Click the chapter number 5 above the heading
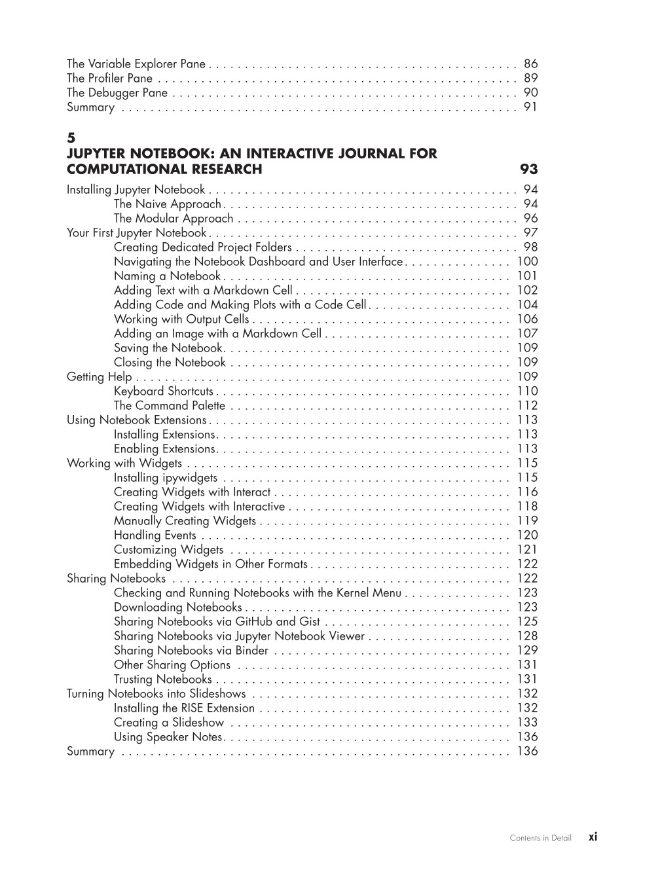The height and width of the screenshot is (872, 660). pyautogui.click(x=71, y=138)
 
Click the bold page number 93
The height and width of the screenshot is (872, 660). pyautogui.click(x=528, y=170)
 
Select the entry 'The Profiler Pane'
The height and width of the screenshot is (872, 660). pyautogui.click(x=109, y=79)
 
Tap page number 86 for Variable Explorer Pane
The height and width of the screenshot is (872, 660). pyautogui.click(x=530, y=64)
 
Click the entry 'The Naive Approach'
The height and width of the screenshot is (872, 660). pyautogui.click(x=167, y=204)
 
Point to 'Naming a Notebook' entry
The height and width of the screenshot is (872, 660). pyautogui.click(x=167, y=276)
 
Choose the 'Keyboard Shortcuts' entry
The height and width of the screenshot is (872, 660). pyautogui.click(x=164, y=391)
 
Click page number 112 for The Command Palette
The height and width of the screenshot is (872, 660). pyautogui.click(x=527, y=406)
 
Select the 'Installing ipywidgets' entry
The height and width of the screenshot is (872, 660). pyautogui.click(x=166, y=478)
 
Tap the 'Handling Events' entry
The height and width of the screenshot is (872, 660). pyautogui.click(x=155, y=536)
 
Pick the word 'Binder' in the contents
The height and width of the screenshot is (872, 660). pyautogui.click(x=252, y=651)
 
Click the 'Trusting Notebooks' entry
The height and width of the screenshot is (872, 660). pyautogui.click(x=162, y=680)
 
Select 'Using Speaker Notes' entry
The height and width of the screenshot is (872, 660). pyautogui.click(x=168, y=737)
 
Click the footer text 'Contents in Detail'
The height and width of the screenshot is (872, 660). pyautogui.click(x=540, y=838)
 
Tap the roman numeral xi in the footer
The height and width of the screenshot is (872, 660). pyautogui.click(x=593, y=837)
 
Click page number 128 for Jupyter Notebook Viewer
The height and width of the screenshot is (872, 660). pyautogui.click(x=527, y=636)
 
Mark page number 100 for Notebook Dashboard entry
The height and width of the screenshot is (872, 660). pyautogui.click(x=527, y=262)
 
